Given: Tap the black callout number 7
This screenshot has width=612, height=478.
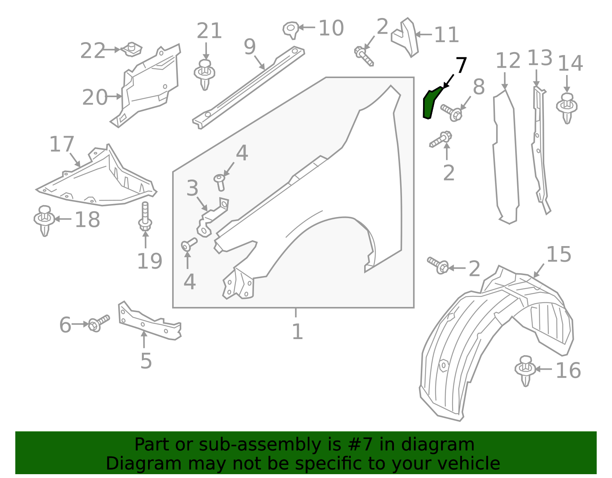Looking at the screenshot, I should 461,65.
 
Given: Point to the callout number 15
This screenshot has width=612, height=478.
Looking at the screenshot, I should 559,254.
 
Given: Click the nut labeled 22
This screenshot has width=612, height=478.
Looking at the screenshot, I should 132,49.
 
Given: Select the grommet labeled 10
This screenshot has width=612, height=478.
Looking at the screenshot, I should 291,29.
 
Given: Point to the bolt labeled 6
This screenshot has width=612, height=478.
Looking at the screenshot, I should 98,323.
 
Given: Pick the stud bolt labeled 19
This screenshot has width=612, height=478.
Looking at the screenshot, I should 145,217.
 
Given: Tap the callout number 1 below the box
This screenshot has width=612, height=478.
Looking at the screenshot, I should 297,331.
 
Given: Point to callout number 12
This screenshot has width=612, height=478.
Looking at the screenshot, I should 508,61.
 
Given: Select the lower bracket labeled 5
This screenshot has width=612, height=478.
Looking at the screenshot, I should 149,322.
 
